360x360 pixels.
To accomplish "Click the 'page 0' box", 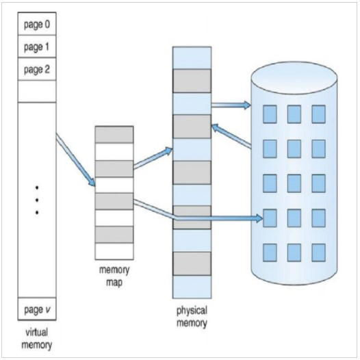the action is (x=37, y=24).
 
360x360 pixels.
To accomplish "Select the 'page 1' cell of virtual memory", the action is (x=37, y=47).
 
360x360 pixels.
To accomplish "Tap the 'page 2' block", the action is (x=37, y=69).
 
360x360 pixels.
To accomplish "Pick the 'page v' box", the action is (x=37, y=309).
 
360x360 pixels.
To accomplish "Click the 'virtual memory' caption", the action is (x=37, y=338).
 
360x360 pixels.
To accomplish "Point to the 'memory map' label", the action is (x=114, y=276).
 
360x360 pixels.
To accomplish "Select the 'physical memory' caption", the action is (x=192, y=317).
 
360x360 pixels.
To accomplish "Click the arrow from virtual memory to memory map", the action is (x=75, y=159).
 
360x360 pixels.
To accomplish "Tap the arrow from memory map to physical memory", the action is (x=153, y=158).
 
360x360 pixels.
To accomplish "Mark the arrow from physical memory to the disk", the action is (x=231, y=105).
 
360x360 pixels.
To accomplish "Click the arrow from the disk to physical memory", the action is (x=231, y=137).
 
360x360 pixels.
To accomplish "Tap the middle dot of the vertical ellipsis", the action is (x=37, y=201).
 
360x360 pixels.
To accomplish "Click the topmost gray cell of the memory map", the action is (x=114, y=135).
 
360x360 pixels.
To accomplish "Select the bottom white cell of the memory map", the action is (x=114, y=251).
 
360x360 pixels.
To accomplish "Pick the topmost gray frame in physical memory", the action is (x=192, y=81).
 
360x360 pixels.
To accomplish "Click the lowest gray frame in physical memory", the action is (x=192, y=263).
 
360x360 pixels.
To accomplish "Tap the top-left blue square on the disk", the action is (x=270, y=114).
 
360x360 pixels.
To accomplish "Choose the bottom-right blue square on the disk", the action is (x=318, y=253).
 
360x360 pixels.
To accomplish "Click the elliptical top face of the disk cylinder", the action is (x=294, y=78).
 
